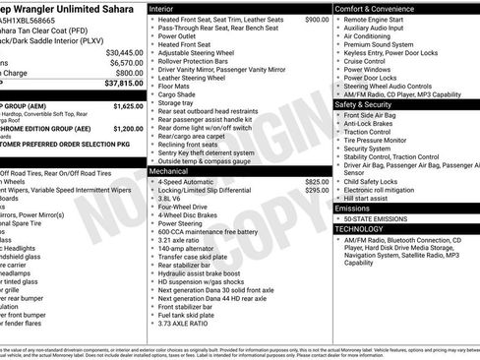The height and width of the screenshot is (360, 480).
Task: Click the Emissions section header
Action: (352, 209)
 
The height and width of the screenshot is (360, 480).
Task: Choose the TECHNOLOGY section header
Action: (360, 228)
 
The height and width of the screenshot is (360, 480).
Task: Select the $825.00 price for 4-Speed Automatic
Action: (317, 182)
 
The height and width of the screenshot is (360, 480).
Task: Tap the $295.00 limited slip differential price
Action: (317, 191)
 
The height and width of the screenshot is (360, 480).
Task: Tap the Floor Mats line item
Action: (174, 87)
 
